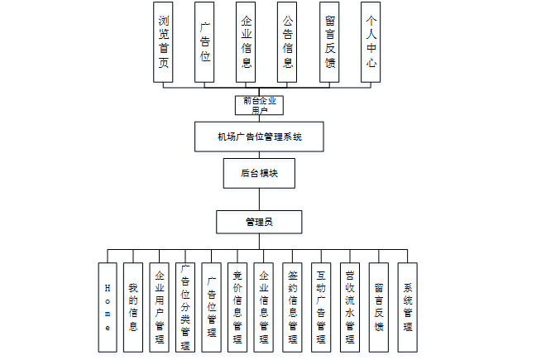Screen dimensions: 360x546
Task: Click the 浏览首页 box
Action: [x=164, y=42]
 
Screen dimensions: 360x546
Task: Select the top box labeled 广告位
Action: [x=205, y=42]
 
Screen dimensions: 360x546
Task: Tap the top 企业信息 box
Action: [x=247, y=42]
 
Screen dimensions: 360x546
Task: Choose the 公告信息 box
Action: [x=288, y=42]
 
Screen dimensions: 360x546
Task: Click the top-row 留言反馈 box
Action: [x=329, y=42]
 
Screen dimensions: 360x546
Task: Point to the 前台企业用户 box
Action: [x=259, y=105]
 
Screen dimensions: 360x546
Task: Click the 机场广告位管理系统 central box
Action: [x=259, y=137]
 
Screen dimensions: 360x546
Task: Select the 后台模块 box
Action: [x=259, y=174]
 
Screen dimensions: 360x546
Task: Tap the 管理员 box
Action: [x=259, y=222]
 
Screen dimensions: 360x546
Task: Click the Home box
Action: [x=107, y=307]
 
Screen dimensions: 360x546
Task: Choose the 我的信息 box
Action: [x=132, y=307]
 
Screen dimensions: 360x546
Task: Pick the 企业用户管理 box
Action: [x=159, y=307]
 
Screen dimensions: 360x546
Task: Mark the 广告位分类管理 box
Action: [x=185, y=307]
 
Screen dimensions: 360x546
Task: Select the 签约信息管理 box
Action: [x=292, y=307]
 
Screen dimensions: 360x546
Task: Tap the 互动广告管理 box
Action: [x=321, y=307]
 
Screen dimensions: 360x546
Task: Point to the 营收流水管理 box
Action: [x=350, y=307]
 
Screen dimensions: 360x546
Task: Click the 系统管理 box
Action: [x=407, y=307]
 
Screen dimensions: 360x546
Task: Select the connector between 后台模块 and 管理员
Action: [x=259, y=199]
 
